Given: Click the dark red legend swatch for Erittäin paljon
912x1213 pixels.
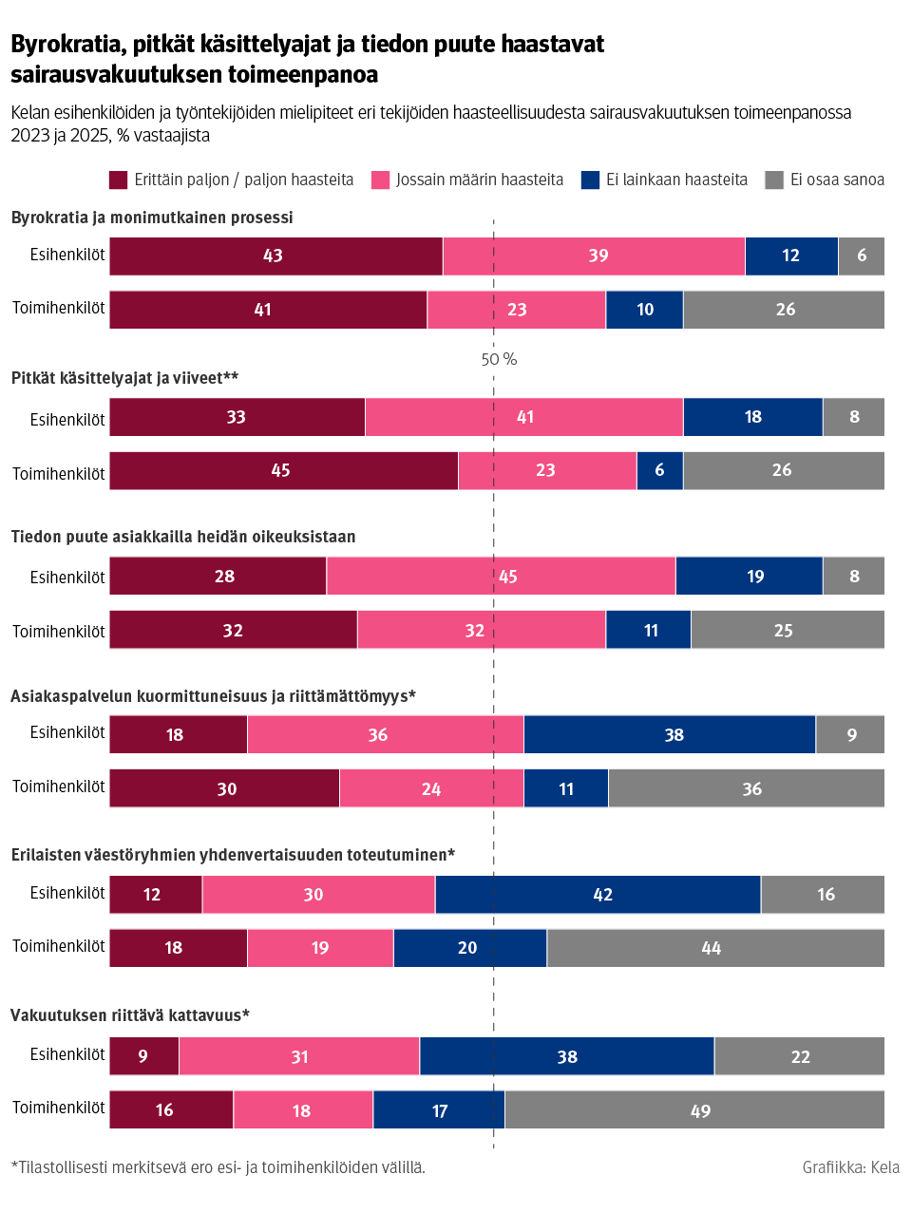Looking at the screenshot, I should (118, 180).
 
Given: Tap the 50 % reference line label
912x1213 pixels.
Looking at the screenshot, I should (499, 359).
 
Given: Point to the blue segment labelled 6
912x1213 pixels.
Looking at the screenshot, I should (659, 471).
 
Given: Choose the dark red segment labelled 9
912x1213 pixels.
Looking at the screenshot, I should (144, 1056).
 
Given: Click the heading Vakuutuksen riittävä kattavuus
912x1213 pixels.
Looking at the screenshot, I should (129, 1015).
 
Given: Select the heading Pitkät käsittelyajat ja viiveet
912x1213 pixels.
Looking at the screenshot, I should (124, 378).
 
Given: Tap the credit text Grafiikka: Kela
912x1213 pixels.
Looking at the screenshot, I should (850, 1167).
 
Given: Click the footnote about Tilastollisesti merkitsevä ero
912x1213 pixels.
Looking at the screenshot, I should (218, 1167).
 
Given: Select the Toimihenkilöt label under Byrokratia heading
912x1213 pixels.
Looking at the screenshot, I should (58, 308).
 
